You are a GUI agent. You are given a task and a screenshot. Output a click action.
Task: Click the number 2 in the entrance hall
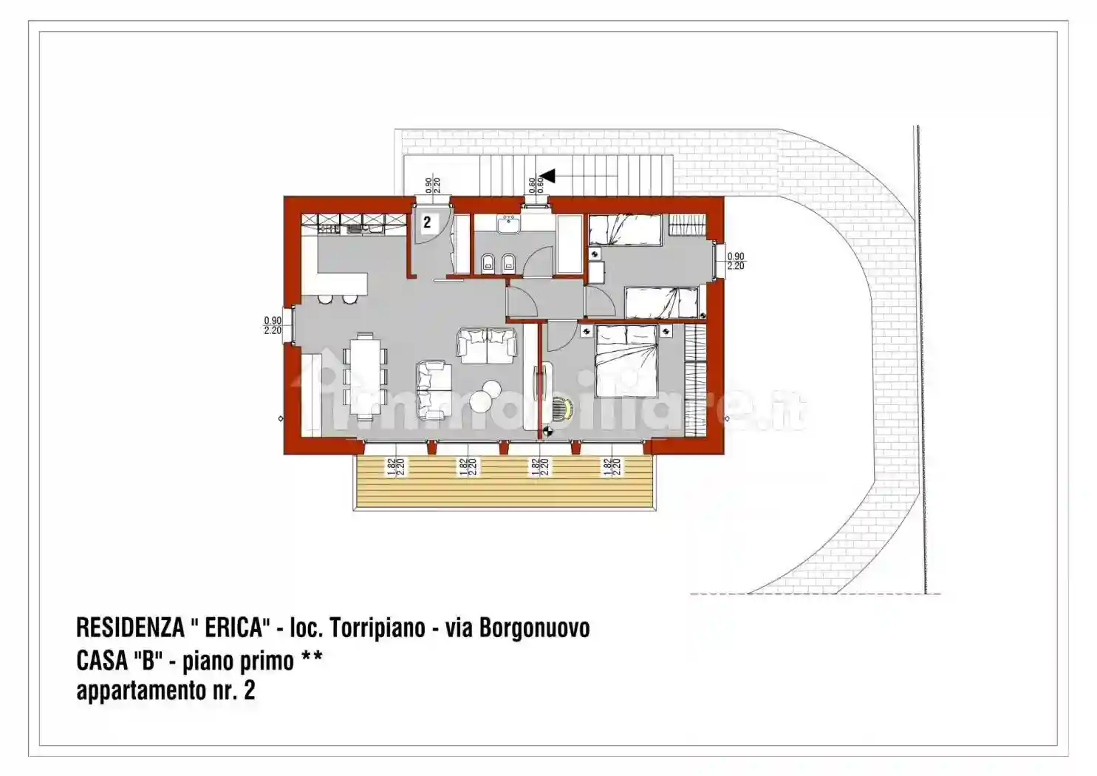pyautogui.click(x=427, y=222)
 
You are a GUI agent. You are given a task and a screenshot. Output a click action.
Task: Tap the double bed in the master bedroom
pyautogui.click(x=626, y=361)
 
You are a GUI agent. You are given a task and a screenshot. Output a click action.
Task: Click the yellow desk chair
pyautogui.click(x=563, y=408)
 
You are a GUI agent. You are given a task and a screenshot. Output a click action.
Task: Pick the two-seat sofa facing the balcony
pyautogui.click(x=487, y=346)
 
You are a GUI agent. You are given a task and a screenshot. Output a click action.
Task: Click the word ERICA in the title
pyautogui.click(x=234, y=627)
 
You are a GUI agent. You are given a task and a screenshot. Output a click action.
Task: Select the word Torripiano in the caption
pyautogui.click(x=377, y=627)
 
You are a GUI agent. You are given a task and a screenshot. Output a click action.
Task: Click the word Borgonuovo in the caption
pyautogui.click(x=534, y=627)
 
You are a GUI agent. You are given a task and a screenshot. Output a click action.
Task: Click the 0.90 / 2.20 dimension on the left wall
pyautogui.click(x=272, y=326)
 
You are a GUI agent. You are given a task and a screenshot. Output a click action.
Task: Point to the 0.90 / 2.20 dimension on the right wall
pyautogui.click(x=736, y=262)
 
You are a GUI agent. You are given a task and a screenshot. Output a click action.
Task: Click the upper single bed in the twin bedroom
pyautogui.click(x=625, y=230)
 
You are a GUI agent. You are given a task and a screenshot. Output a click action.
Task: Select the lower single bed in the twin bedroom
pyautogui.click(x=661, y=302)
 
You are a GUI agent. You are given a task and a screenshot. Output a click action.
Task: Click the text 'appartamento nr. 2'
pyautogui.click(x=165, y=690)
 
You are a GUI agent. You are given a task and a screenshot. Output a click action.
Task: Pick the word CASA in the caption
pyautogui.click(x=102, y=659)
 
